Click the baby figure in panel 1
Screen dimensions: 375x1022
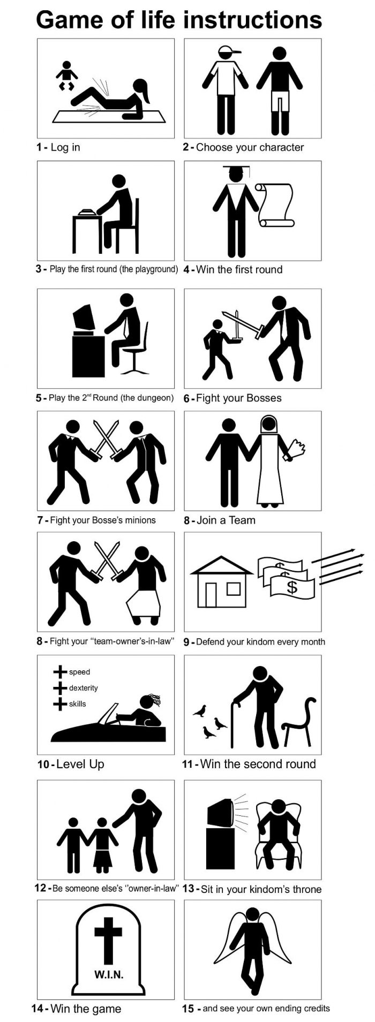click(67, 75)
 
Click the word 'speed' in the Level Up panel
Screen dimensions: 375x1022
click(79, 672)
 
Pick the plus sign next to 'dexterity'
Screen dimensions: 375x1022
click(60, 688)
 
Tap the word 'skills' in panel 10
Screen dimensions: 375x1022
click(77, 704)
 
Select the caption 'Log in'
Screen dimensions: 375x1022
click(65, 147)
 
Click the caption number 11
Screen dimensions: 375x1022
click(187, 764)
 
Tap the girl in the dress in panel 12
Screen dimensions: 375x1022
click(102, 845)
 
